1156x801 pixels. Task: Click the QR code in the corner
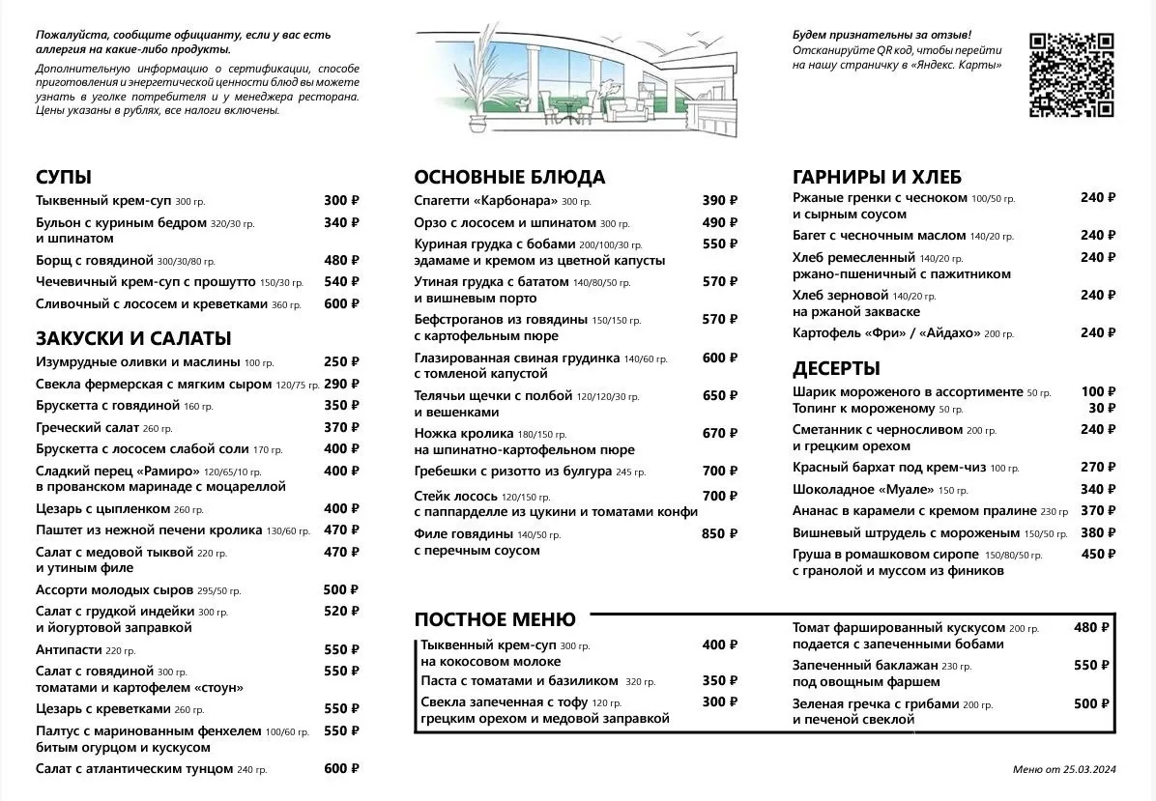[x=1071, y=74]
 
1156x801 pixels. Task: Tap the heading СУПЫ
[x=64, y=177]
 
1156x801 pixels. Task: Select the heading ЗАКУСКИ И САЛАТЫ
[x=133, y=339]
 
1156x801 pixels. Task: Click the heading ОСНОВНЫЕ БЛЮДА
[x=509, y=177]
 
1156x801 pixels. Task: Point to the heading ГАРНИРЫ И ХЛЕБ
[x=877, y=177]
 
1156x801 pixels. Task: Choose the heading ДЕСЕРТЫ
[x=836, y=368]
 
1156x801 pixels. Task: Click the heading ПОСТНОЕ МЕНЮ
[x=495, y=619]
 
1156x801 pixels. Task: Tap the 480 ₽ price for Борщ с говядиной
[x=341, y=260]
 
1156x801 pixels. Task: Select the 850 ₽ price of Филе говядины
[x=719, y=533]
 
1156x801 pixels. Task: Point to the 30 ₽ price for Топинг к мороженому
[x=1096, y=408]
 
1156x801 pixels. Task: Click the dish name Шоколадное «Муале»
[x=853, y=489]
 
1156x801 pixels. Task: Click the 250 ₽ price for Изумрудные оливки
[x=341, y=362]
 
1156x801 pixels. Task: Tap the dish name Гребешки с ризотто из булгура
[x=513, y=472]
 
